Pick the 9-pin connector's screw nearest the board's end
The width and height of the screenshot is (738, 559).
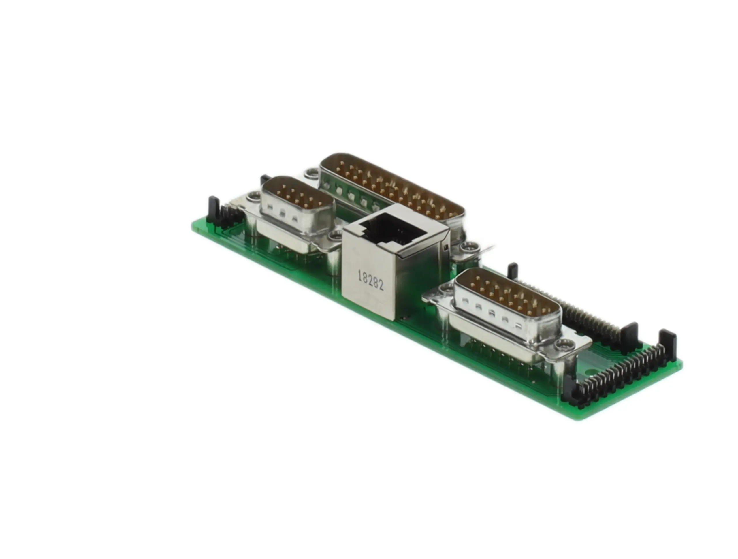[x=255, y=197]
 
